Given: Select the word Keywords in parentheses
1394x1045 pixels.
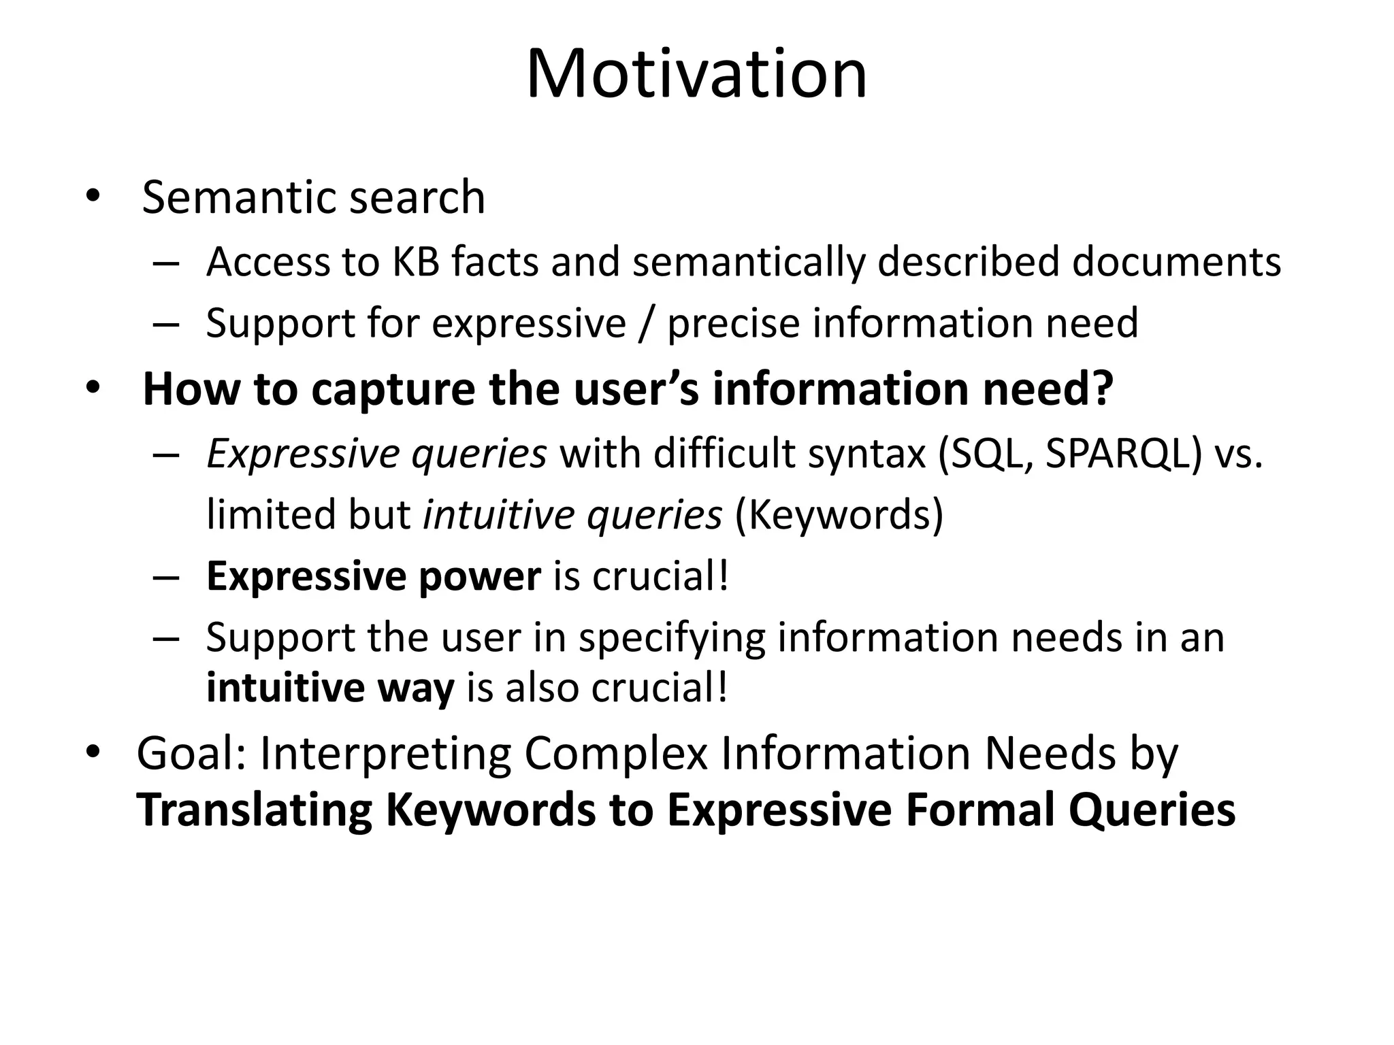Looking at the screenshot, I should coord(839,515).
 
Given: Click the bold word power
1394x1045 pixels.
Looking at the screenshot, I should coord(479,577).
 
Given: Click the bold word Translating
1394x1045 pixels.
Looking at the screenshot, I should coord(254,811).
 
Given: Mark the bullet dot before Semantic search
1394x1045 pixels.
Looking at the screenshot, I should coord(93,197).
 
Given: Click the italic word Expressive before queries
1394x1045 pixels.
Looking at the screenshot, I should coord(302,454).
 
